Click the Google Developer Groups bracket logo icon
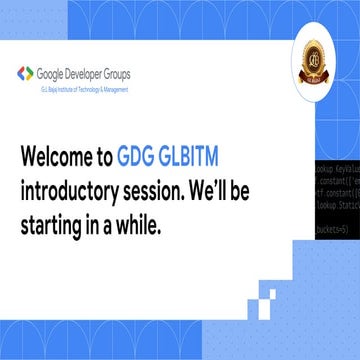click(x=25, y=73)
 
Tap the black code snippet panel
click(x=336, y=200)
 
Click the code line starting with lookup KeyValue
click(x=336, y=170)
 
